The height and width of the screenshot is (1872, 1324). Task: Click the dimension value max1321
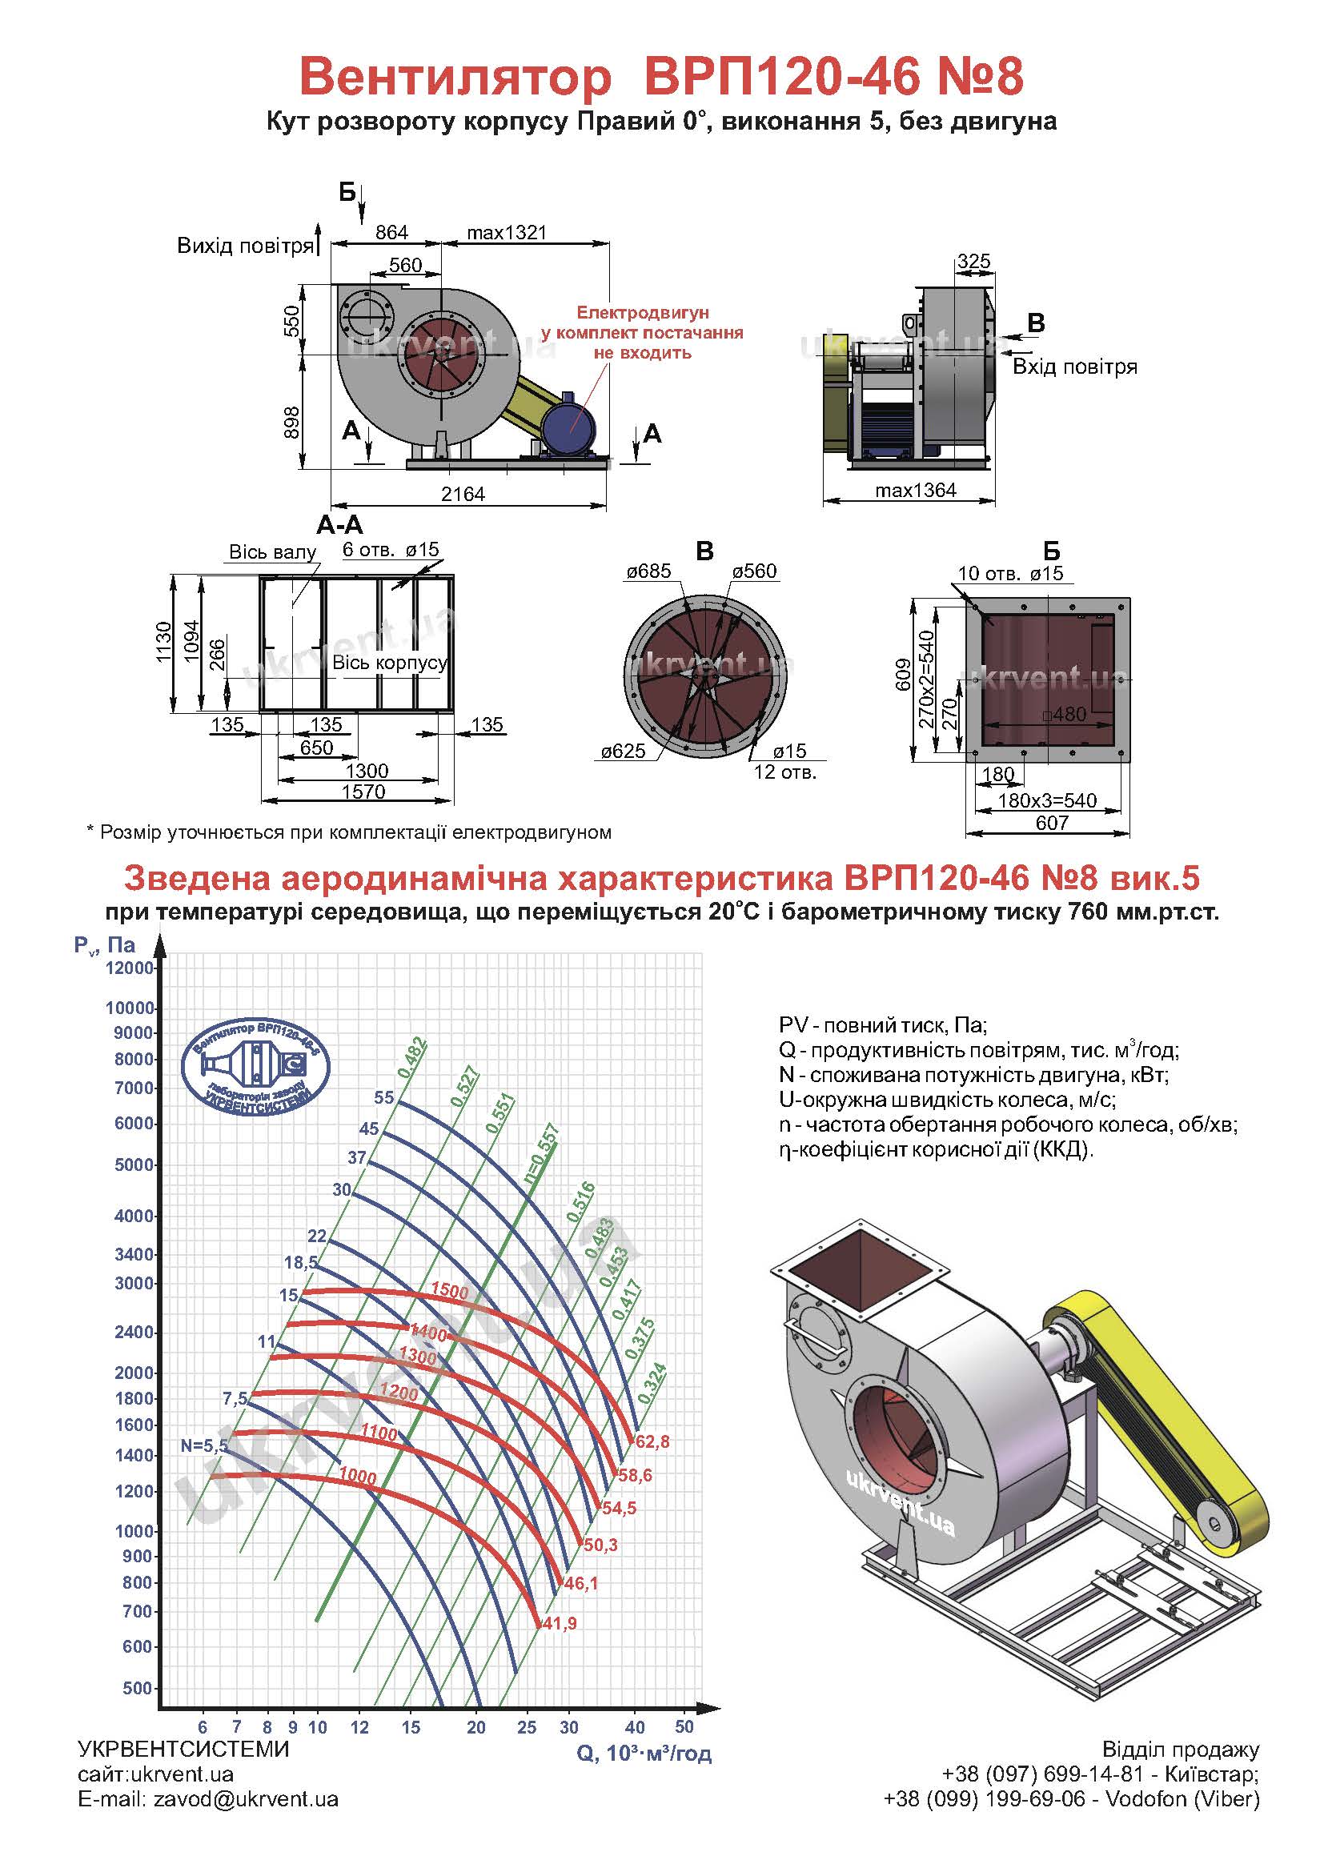(x=506, y=232)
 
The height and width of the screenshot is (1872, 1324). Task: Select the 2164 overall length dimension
(x=463, y=494)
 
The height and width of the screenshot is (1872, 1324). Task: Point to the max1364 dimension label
(x=916, y=490)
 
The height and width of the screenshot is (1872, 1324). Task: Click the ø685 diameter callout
(x=649, y=571)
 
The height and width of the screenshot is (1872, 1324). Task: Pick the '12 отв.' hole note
(x=784, y=772)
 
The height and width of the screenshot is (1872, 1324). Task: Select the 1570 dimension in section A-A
(x=363, y=792)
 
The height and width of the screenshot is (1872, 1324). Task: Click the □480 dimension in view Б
(x=1065, y=714)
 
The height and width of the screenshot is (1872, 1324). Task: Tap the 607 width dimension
(x=1052, y=823)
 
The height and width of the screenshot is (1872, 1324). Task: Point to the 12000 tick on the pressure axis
(x=130, y=968)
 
